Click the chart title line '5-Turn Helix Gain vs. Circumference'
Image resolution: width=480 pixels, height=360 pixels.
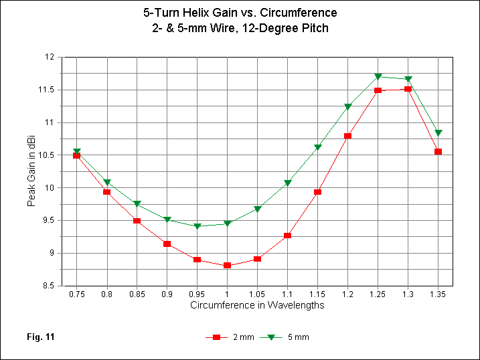[x=240, y=13]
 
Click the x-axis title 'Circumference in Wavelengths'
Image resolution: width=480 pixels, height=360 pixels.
[x=257, y=305]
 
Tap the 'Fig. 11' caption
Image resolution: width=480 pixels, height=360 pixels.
[x=40, y=337]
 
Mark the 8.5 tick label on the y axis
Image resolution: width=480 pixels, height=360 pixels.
[x=48, y=286]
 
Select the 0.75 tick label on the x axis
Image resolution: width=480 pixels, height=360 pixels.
[x=76, y=294]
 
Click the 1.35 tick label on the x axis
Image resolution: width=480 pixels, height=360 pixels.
[x=438, y=294]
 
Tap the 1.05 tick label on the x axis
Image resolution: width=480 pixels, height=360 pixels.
[x=257, y=294]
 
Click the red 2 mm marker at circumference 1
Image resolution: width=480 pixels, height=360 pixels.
[x=227, y=266]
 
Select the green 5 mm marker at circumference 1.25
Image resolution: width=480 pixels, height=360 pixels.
[x=378, y=77]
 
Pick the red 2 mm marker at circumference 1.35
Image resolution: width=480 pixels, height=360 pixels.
[x=438, y=152]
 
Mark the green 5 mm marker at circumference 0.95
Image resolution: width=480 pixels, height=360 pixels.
[x=197, y=226]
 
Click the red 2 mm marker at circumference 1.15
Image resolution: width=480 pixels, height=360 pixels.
[x=317, y=192]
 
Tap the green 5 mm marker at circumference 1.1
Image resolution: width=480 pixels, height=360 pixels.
[x=287, y=183]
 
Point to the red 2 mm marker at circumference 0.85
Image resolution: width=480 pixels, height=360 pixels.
[x=137, y=221]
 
